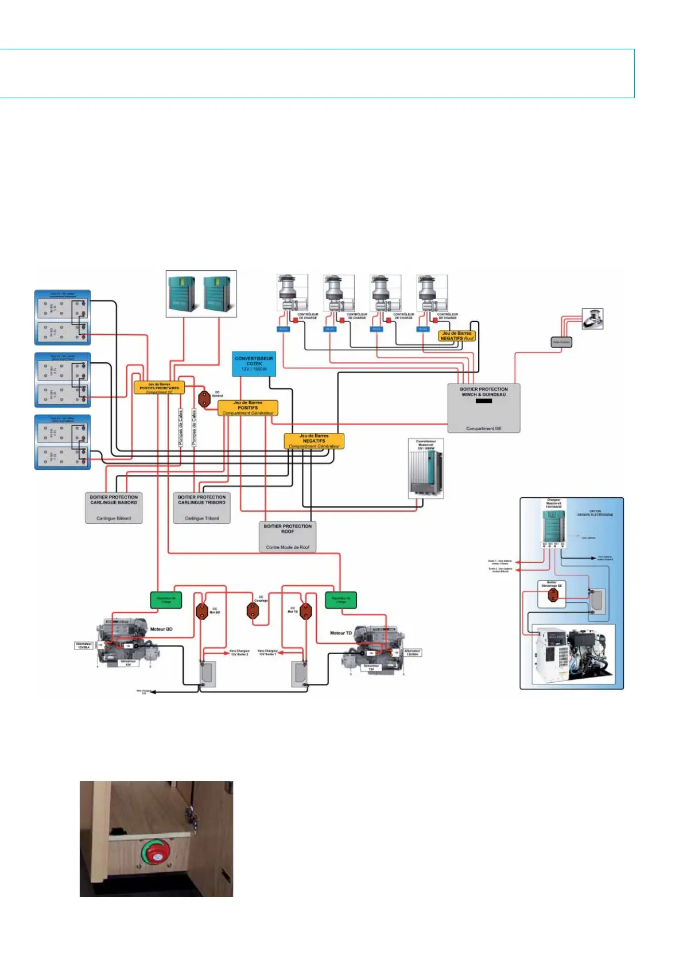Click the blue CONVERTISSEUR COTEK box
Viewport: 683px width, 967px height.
254,363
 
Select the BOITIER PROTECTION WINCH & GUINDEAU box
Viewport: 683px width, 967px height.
483,408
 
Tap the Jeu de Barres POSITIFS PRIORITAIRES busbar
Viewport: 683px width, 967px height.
159,388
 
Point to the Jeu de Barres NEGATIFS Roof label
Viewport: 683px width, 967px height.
457,336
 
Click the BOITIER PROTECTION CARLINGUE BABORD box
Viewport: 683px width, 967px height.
114,507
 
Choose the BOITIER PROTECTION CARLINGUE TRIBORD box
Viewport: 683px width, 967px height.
201,507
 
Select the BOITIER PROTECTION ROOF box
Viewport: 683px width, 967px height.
288,536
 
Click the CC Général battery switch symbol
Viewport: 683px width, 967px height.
204,399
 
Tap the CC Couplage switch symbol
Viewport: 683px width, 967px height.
253,610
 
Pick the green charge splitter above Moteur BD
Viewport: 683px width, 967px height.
166,600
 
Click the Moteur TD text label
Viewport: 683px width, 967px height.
341,633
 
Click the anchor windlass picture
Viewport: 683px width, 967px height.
592,319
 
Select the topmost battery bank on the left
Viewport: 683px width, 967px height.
63,316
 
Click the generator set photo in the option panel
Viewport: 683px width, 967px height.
572,655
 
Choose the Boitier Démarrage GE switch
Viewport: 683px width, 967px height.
553,595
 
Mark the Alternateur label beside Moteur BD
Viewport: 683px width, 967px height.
84,645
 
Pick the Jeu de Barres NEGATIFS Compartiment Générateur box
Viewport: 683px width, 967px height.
314,440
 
